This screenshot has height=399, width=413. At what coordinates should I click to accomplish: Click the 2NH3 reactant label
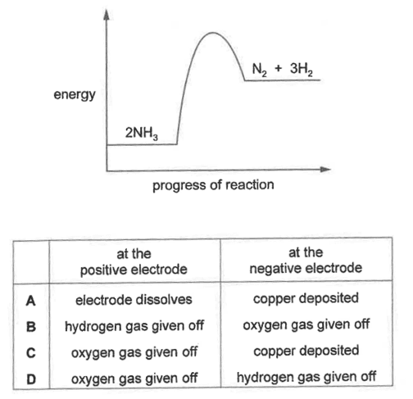click(x=142, y=134)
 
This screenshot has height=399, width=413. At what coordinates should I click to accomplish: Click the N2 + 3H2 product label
click(x=282, y=70)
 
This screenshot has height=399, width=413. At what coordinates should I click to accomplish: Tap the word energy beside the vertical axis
click(x=75, y=95)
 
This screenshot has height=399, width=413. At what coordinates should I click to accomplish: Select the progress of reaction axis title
click(x=213, y=185)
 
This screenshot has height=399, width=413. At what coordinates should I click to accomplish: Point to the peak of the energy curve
click(x=213, y=33)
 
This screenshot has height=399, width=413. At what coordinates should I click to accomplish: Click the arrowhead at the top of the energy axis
click(x=107, y=15)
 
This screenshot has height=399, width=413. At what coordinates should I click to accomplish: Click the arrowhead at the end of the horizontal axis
click(x=325, y=170)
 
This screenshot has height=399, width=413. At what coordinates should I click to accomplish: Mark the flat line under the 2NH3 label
click(x=142, y=144)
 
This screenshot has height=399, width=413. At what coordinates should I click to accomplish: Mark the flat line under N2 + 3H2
click(x=282, y=80)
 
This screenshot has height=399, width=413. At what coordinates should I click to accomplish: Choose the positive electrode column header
click(x=134, y=261)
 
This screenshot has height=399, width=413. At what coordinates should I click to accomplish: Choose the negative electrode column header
click(x=306, y=261)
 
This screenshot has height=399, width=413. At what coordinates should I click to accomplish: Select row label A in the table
click(x=31, y=301)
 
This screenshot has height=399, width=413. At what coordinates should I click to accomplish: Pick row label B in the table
click(x=31, y=327)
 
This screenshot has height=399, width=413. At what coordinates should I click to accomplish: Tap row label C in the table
click(x=31, y=353)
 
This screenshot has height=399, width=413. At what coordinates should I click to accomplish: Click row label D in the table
click(x=31, y=379)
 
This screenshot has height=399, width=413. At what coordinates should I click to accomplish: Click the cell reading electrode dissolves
click(x=134, y=300)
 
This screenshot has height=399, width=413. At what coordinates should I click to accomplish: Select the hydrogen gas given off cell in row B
click(x=134, y=326)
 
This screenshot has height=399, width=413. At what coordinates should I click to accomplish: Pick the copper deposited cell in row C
click(x=306, y=351)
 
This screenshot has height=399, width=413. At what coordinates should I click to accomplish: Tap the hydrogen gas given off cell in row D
click(x=306, y=378)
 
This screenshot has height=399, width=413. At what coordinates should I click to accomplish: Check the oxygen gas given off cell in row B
click(x=306, y=325)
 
